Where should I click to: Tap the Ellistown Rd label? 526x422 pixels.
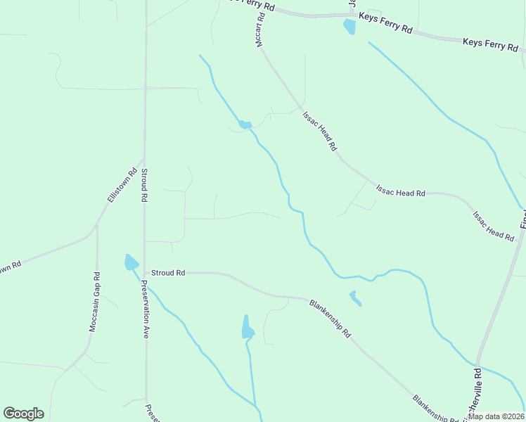[121, 185]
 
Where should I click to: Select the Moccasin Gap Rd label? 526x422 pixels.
[94, 302]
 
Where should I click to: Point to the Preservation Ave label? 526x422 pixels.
[144, 309]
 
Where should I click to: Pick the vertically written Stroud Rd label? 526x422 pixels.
[143, 186]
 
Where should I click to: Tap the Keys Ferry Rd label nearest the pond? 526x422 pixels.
[385, 22]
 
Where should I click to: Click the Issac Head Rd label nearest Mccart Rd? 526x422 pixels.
[321, 132]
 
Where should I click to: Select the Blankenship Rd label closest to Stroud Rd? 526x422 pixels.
[330, 319]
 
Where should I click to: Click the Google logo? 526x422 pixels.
[23, 414]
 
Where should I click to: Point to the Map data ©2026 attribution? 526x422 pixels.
[496, 416]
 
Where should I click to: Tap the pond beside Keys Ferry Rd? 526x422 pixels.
[349, 27]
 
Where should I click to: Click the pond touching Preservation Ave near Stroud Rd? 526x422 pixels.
[131, 263]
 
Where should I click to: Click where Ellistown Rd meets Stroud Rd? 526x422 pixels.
[143, 161]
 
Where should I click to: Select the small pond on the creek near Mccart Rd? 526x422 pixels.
[245, 124]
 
